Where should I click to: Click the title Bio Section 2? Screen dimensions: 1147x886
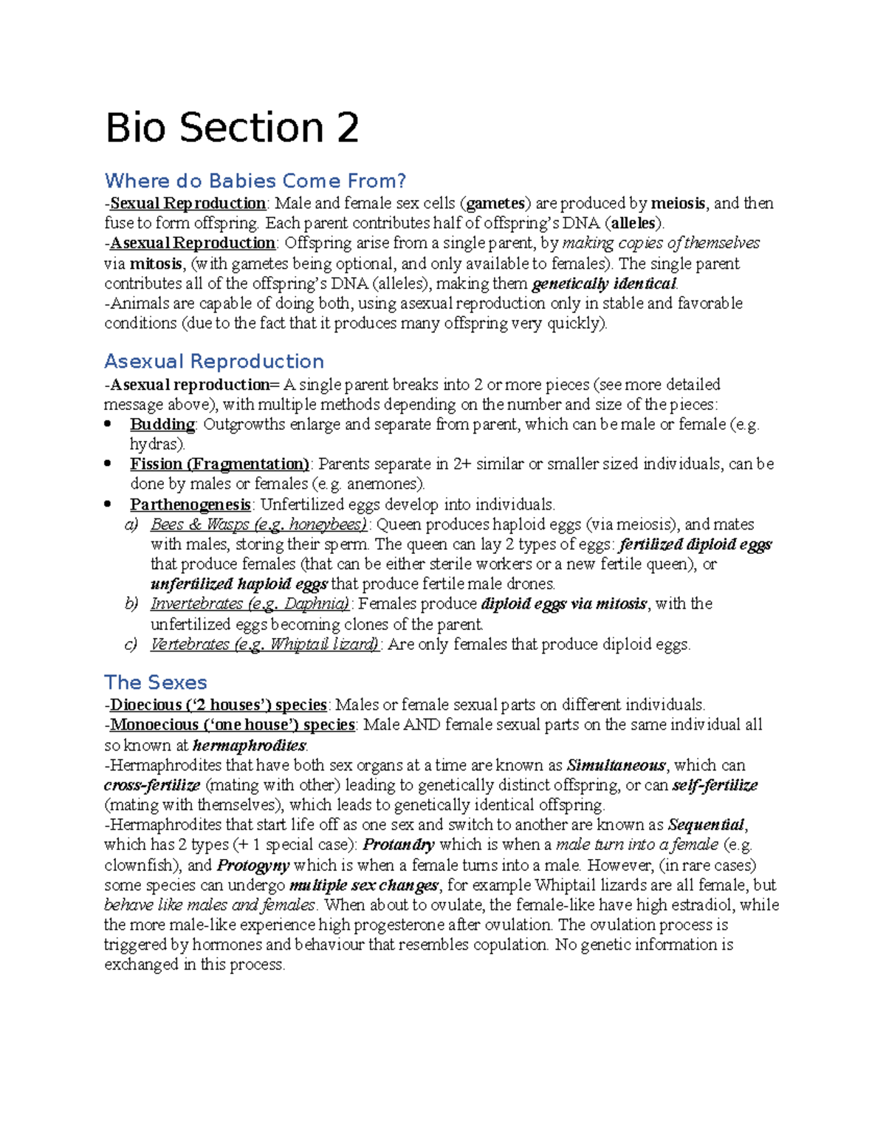(232, 128)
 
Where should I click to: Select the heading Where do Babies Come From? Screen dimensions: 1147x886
(255, 181)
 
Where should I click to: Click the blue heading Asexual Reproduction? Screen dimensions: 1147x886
(214, 361)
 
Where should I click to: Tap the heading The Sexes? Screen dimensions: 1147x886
(156, 682)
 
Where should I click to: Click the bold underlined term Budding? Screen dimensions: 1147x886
(162, 425)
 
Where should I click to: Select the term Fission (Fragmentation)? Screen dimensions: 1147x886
(219, 465)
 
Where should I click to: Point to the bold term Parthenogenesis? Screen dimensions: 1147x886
(190, 505)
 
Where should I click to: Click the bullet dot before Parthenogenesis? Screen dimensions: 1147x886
(109, 504)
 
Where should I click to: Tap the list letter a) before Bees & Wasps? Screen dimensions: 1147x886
(131, 525)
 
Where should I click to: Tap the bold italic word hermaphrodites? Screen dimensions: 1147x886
(249, 746)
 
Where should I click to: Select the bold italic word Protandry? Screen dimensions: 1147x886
(399, 845)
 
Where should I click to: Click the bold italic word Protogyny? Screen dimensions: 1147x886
(253, 866)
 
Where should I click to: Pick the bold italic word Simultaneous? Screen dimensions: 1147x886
(617, 766)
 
